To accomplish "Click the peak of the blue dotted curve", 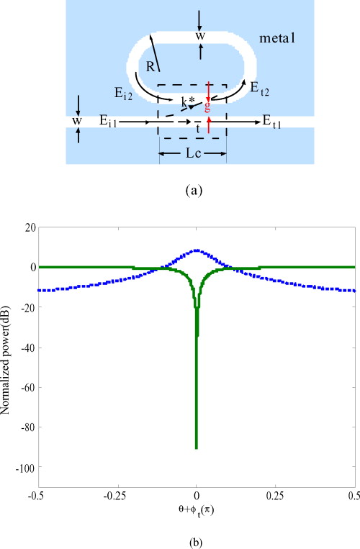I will [197, 250].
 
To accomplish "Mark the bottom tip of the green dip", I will [197, 448].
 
